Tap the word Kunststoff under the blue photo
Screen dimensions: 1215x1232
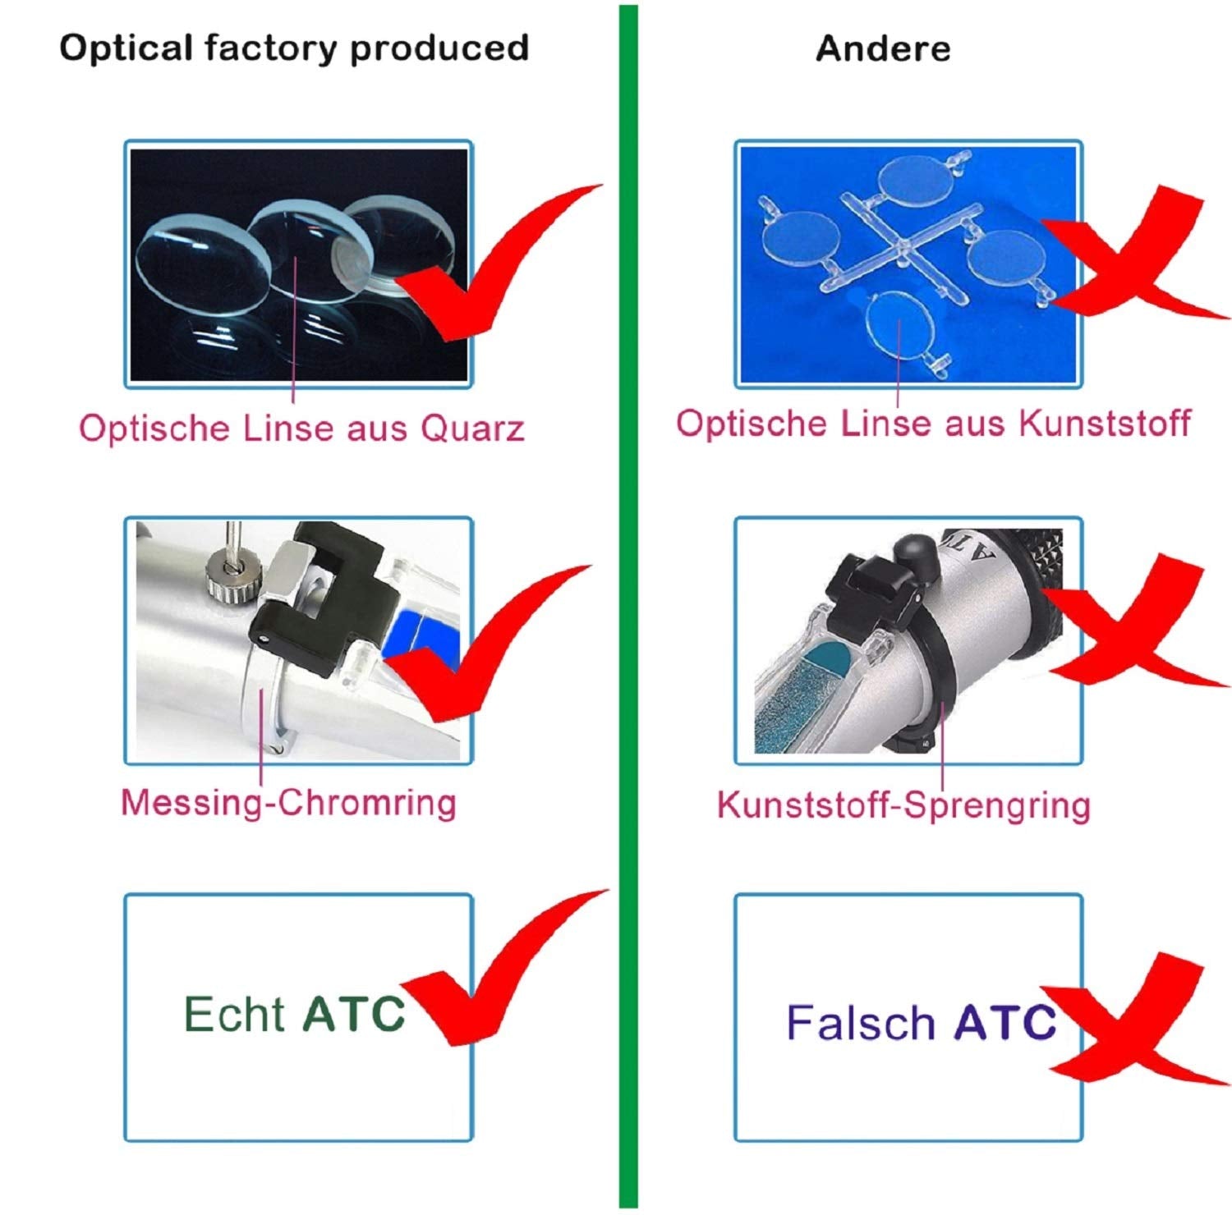(x=1105, y=424)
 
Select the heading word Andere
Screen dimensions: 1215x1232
(x=883, y=48)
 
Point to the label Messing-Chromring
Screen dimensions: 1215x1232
(x=288, y=802)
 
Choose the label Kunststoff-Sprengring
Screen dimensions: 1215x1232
(x=903, y=805)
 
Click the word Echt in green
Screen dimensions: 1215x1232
(x=233, y=1015)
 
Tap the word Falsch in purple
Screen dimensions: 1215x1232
(x=861, y=1023)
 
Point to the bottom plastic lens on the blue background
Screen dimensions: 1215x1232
(x=901, y=325)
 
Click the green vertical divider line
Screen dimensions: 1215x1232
(x=628, y=607)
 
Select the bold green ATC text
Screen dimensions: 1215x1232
(x=354, y=1015)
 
